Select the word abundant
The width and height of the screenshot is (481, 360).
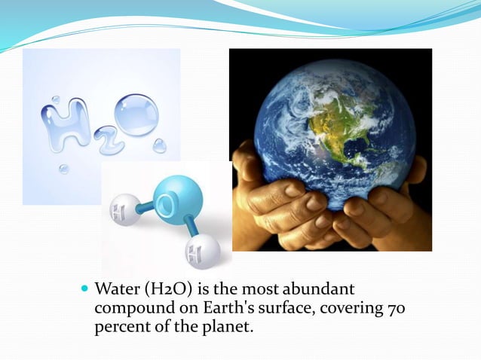(x=322, y=290)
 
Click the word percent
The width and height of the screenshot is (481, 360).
(x=121, y=328)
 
